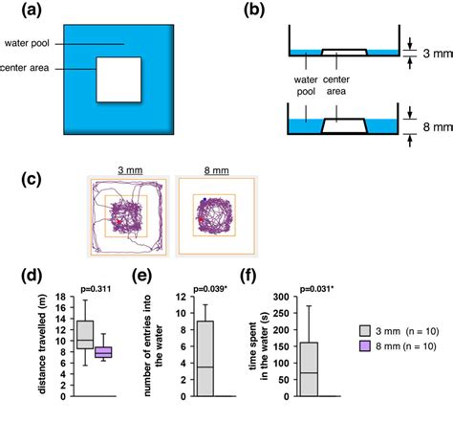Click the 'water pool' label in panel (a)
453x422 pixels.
31,43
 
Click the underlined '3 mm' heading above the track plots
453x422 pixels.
126,169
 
